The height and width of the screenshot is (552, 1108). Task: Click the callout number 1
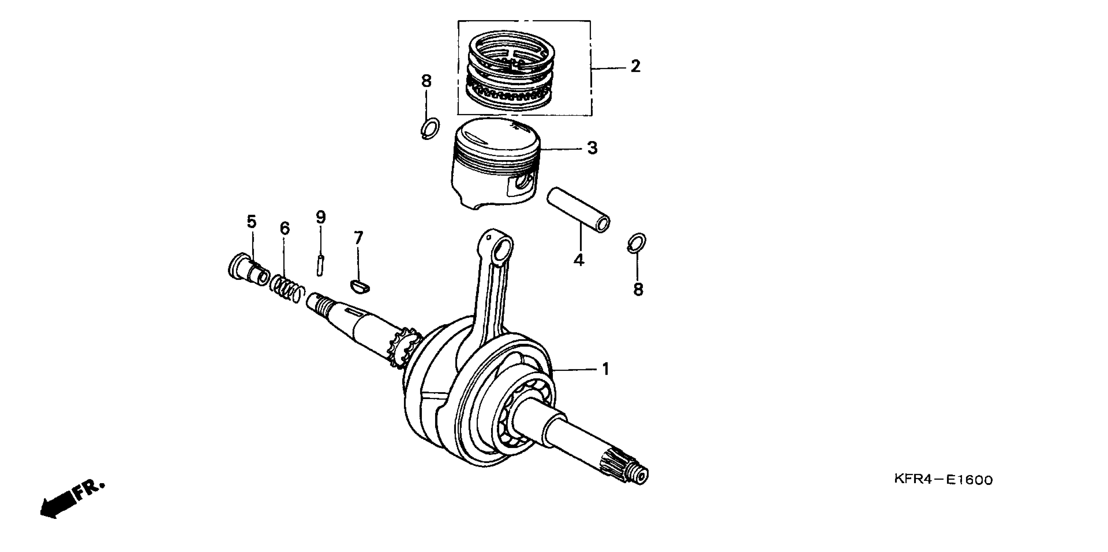606,369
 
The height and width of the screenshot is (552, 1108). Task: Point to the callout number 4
579,259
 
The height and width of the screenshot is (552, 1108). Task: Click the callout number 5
252,222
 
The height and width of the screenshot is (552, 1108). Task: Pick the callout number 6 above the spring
285,228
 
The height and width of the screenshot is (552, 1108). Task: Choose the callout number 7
358,238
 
